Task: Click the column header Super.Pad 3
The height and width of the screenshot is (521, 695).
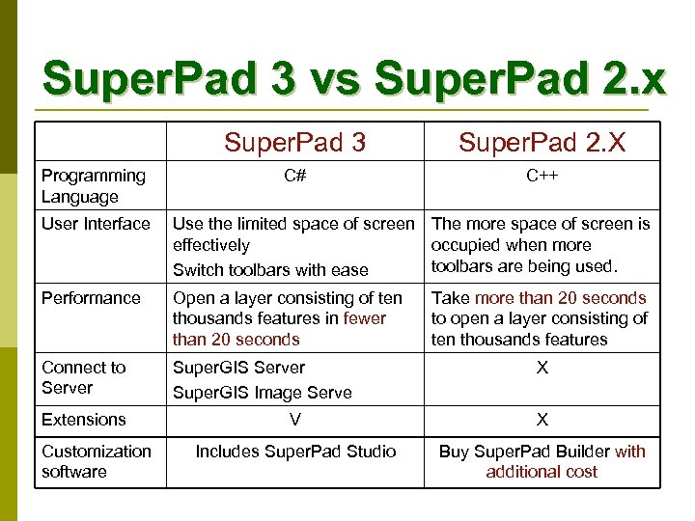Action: [294, 143]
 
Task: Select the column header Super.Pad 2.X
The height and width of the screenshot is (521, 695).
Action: [542, 143]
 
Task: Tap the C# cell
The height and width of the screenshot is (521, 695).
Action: [294, 176]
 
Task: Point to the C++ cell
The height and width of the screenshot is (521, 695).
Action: [542, 176]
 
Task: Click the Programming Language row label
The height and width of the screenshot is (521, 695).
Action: [93, 186]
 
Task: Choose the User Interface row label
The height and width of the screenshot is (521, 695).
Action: [96, 224]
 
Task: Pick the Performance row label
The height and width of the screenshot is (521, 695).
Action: [91, 298]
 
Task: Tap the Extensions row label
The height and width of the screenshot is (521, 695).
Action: [83, 420]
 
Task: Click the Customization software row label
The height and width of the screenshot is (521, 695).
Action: [96, 461]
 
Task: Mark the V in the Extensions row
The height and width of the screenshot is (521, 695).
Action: [294, 420]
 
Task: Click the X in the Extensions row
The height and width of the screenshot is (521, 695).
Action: [542, 420]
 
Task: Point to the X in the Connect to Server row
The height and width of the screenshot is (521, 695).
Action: [542, 368]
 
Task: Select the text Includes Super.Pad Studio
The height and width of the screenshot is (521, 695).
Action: [295, 451]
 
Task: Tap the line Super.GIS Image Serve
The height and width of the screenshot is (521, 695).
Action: [262, 393]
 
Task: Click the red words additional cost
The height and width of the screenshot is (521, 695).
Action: [542, 472]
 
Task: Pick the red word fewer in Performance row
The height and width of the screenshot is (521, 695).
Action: [365, 318]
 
